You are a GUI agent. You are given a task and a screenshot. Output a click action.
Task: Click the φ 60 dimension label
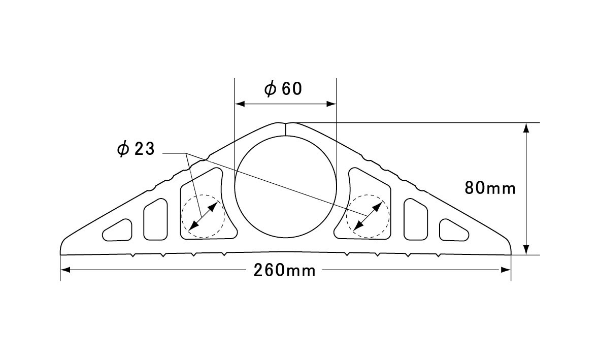click(283, 89)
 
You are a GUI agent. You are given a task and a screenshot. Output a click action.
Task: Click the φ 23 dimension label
click(136, 149)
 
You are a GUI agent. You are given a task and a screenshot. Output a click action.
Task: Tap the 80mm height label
click(490, 188)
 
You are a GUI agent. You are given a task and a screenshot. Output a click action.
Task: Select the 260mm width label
click(285, 271)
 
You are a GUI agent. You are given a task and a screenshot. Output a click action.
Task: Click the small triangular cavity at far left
click(118, 231)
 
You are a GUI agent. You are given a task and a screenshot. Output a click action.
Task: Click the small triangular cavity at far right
click(454, 231)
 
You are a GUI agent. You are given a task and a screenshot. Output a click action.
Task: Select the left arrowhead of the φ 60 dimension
click(240, 104)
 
